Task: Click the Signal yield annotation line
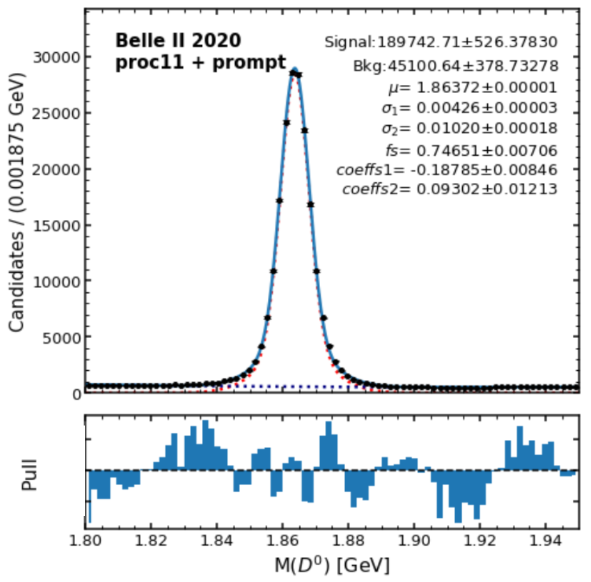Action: click(441, 43)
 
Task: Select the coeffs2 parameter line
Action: click(450, 189)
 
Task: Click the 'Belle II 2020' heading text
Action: click(178, 42)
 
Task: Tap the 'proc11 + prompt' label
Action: click(201, 63)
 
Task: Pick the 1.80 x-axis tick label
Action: click(86, 539)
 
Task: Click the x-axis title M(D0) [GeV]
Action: click(332, 565)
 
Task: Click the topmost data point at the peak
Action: click(292, 73)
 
